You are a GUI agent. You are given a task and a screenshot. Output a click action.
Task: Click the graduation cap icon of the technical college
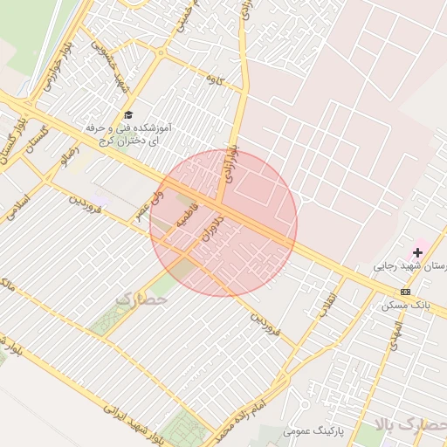[128, 115]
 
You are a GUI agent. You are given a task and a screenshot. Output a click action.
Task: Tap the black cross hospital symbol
[418, 252]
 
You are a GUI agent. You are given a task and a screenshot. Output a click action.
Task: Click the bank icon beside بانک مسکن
[406, 292]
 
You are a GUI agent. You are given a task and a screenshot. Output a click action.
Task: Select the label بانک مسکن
[403, 306]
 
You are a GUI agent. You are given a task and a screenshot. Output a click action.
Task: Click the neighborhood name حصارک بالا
[410, 425]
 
